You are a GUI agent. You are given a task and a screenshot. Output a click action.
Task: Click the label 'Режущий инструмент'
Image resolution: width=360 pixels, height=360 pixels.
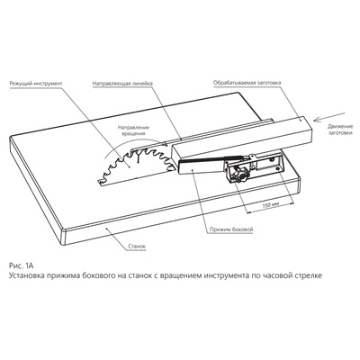click(36, 83)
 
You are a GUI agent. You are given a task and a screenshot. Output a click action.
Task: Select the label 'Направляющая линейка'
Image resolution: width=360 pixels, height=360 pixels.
click(122, 83)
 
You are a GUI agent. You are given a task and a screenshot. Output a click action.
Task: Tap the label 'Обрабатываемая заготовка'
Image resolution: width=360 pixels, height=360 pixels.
click(247, 83)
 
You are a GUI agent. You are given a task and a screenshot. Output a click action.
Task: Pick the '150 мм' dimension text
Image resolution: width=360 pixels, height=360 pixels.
click(271, 205)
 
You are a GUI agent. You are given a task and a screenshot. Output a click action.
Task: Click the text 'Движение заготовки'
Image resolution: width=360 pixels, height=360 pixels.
click(339, 130)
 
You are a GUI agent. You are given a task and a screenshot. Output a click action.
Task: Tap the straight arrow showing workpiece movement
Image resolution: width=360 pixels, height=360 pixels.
click(329, 117)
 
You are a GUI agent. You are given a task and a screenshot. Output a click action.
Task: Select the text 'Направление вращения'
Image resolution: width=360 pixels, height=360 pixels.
click(133, 130)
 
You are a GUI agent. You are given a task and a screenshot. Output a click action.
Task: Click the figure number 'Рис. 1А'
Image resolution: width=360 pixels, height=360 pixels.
click(21, 265)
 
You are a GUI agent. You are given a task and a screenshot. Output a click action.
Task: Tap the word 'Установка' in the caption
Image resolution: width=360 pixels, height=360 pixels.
click(26, 275)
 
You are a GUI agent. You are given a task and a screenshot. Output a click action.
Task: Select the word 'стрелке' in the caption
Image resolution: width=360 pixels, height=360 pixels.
click(309, 275)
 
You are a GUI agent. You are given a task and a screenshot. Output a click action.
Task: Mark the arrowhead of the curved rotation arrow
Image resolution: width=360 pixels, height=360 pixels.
click(165, 144)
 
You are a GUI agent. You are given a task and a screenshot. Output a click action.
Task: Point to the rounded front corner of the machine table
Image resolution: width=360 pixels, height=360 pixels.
click(63, 232)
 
